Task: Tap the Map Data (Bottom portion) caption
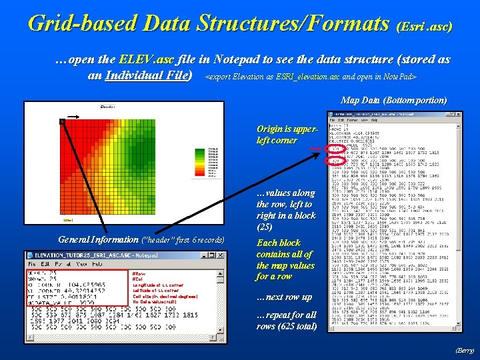pyautogui.click(x=393, y=100)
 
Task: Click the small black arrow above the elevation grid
pyautogui.click(x=75, y=117)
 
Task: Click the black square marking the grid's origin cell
pyautogui.click(x=61, y=122)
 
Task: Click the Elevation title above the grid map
pyautogui.click(x=107, y=107)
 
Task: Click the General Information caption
pyautogui.click(x=141, y=239)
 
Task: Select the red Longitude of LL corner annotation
pyautogui.click(x=157, y=285)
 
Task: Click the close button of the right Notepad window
pyautogui.click(x=457, y=113)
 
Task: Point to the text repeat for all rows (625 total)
pyautogui.click(x=286, y=320)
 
